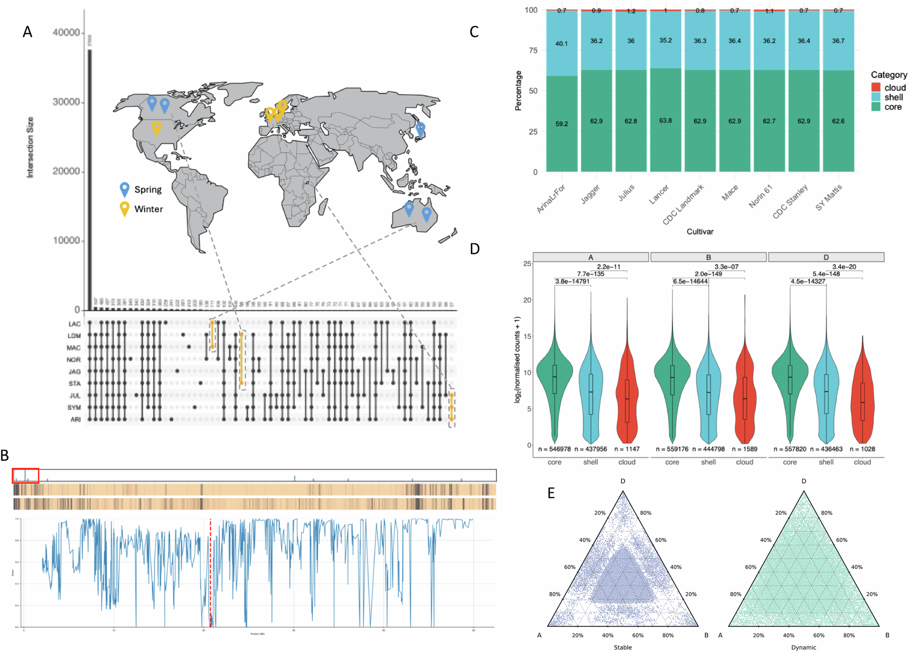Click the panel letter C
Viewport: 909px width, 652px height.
click(474, 32)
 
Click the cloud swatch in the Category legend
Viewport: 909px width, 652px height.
click(876, 87)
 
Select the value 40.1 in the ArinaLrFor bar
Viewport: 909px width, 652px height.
click(561, 44)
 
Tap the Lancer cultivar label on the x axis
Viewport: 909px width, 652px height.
click(659, 194)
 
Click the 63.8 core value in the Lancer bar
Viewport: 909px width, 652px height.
click(665, 120)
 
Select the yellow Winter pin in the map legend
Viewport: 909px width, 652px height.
click(124, 209)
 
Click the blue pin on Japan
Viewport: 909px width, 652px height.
click(420, 129)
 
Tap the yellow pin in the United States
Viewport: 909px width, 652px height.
click(156, 127)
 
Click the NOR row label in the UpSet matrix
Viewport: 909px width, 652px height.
click(74, 359)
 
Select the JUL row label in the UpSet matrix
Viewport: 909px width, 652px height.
click(75, 395)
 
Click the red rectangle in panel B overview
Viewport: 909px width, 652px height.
click(25, 475)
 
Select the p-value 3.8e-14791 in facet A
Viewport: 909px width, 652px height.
click(572, 281)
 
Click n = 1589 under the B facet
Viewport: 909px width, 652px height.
click(744, 449)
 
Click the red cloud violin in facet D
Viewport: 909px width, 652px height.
click(862, 400)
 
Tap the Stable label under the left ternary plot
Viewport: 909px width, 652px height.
click(623, 647)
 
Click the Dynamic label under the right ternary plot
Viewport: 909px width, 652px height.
click(804, 647)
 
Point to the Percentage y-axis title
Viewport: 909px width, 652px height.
click(518, 91)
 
